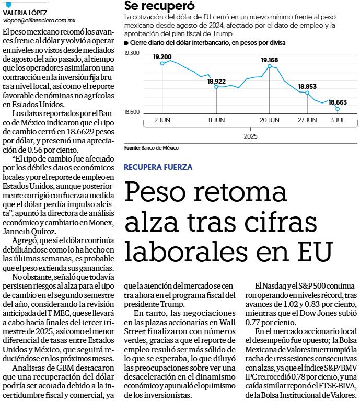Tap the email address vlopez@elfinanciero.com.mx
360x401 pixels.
click(39, 20)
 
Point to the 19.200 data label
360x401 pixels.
click(162, 56)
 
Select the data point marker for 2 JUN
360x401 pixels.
click(162, 63)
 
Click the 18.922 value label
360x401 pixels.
click(216, 81)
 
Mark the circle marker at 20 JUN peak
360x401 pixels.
click(269, 66)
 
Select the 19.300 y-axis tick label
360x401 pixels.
click(132, 53)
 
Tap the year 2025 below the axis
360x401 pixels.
click(250, 136)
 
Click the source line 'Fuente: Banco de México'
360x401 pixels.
click(152, 148)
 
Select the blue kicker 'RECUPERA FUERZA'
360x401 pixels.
click(158, 167)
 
